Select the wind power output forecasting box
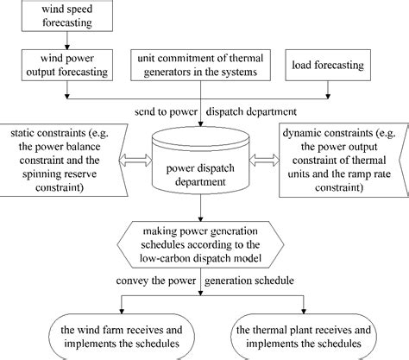coord(66,65)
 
